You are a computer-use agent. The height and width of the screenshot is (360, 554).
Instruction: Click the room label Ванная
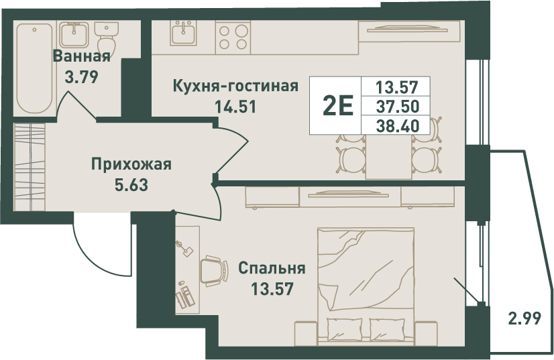[x=82, y=56]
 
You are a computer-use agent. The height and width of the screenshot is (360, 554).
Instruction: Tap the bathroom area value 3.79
[x=82, y=76]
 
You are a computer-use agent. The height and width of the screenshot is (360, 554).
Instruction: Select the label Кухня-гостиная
[x=236, y=86]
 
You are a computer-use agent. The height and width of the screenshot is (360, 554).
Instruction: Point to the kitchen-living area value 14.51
[x=236, y=106]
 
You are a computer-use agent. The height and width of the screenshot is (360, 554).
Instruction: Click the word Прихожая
[x=131, y=165]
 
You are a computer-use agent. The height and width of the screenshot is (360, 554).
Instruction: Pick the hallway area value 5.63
[x=131, y=184]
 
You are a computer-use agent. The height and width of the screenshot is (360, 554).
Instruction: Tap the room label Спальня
[x=272, y=269]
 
